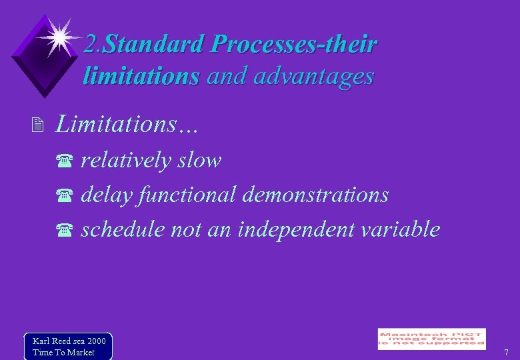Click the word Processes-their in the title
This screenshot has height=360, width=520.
293,45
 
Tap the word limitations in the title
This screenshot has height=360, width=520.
141,76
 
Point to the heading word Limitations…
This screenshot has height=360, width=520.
127,123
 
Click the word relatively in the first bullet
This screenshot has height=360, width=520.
125,160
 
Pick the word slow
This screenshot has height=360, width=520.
199,160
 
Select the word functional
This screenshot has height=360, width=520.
188,195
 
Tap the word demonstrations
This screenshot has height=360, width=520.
315,195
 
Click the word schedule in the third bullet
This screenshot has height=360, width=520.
123,229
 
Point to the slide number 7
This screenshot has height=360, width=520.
506,352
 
